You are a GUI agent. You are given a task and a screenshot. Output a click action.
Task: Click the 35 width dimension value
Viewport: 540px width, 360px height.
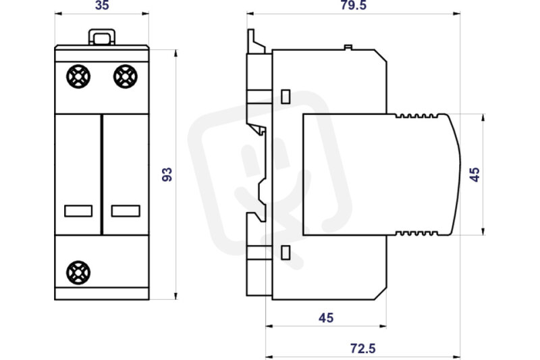click(102, 5)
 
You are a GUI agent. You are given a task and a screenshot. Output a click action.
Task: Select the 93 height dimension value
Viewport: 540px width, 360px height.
click(167, 175)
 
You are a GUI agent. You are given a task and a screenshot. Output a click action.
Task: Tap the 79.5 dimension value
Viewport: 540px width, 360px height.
click(354, 5)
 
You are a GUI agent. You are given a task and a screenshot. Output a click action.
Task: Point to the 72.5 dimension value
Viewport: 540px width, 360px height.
click(363, 349)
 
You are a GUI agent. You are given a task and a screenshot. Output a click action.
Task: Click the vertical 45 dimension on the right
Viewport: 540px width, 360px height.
click(475, 175)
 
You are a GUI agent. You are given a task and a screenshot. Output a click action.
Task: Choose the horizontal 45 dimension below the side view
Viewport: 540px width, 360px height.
click(326, 317)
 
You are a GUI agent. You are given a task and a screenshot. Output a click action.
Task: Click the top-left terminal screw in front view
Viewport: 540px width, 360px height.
click(78, 76)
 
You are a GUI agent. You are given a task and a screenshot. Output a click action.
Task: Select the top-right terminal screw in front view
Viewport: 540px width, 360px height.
click(126, 76)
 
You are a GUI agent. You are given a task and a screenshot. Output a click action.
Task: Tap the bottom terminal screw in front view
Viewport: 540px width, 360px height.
click(78, 272)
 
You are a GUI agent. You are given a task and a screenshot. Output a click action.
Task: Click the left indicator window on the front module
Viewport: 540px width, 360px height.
click(78, 211)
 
